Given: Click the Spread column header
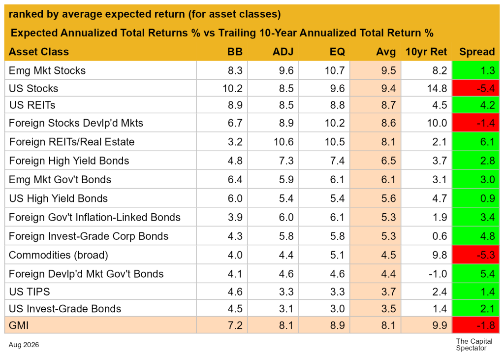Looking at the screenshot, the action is coord(477,52).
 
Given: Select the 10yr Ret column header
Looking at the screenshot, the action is coord(426,52).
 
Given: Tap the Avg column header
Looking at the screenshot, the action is coord(386,52).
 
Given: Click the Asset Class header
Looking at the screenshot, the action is coord(39,52).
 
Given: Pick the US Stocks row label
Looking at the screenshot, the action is coord(33,89).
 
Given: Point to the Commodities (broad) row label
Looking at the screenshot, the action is coord(59,255).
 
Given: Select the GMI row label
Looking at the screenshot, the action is coord(19,325).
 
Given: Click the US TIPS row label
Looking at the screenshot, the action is coord(30,292).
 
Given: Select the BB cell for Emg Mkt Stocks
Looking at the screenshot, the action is coord(235,71).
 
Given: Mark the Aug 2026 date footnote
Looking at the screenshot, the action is coord(24,345).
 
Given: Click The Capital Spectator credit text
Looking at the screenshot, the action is coord(474,345).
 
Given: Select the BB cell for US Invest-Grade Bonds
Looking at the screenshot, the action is coord(235,309).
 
